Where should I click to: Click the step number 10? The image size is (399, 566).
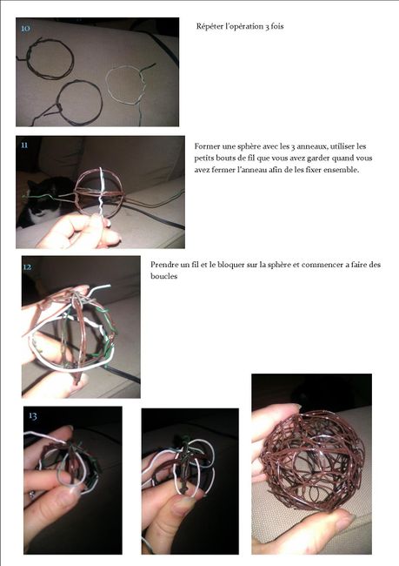(x=25, y=29)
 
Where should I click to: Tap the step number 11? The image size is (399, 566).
(x=24, y=145)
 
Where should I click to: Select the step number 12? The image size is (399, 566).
(x=28, y=267)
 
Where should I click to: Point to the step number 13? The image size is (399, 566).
(x=33, y=416)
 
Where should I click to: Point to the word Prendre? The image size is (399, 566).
(x=166, y=264)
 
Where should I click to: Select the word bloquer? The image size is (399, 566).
(x=228, y=264)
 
